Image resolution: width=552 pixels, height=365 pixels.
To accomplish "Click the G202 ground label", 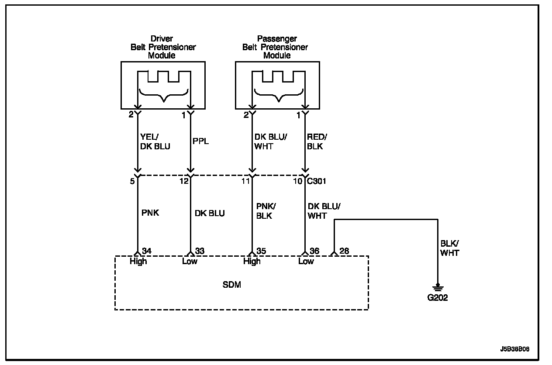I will [x=437, y=299].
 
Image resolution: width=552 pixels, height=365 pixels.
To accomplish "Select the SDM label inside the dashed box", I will [x=231, y=285].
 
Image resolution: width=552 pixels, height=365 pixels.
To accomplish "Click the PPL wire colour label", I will [x=201, y=141].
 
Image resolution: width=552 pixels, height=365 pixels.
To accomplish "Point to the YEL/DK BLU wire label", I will [x=155, y=141].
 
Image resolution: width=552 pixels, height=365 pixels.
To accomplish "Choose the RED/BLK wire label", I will [x=317, y=141].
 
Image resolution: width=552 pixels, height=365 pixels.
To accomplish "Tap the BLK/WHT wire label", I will [x=450, y=248].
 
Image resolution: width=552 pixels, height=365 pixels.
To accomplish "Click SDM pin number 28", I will [x=344, y=251].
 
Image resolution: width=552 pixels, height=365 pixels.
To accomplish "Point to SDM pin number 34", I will [x=147, y=251].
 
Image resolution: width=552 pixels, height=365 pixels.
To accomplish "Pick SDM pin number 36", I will [x=314, y=251].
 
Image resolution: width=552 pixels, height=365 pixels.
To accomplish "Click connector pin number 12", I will [x=184, y=181].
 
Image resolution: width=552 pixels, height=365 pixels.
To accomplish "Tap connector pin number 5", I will [x=132, y=181].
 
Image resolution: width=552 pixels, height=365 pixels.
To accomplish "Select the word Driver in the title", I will [x=162, y=39].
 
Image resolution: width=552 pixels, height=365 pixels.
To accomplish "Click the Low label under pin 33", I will [x=190, y=262].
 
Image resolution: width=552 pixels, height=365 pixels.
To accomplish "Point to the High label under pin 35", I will [x=252, y=262].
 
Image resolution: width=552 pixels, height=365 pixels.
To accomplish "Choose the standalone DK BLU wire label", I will [x=210, y=213].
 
